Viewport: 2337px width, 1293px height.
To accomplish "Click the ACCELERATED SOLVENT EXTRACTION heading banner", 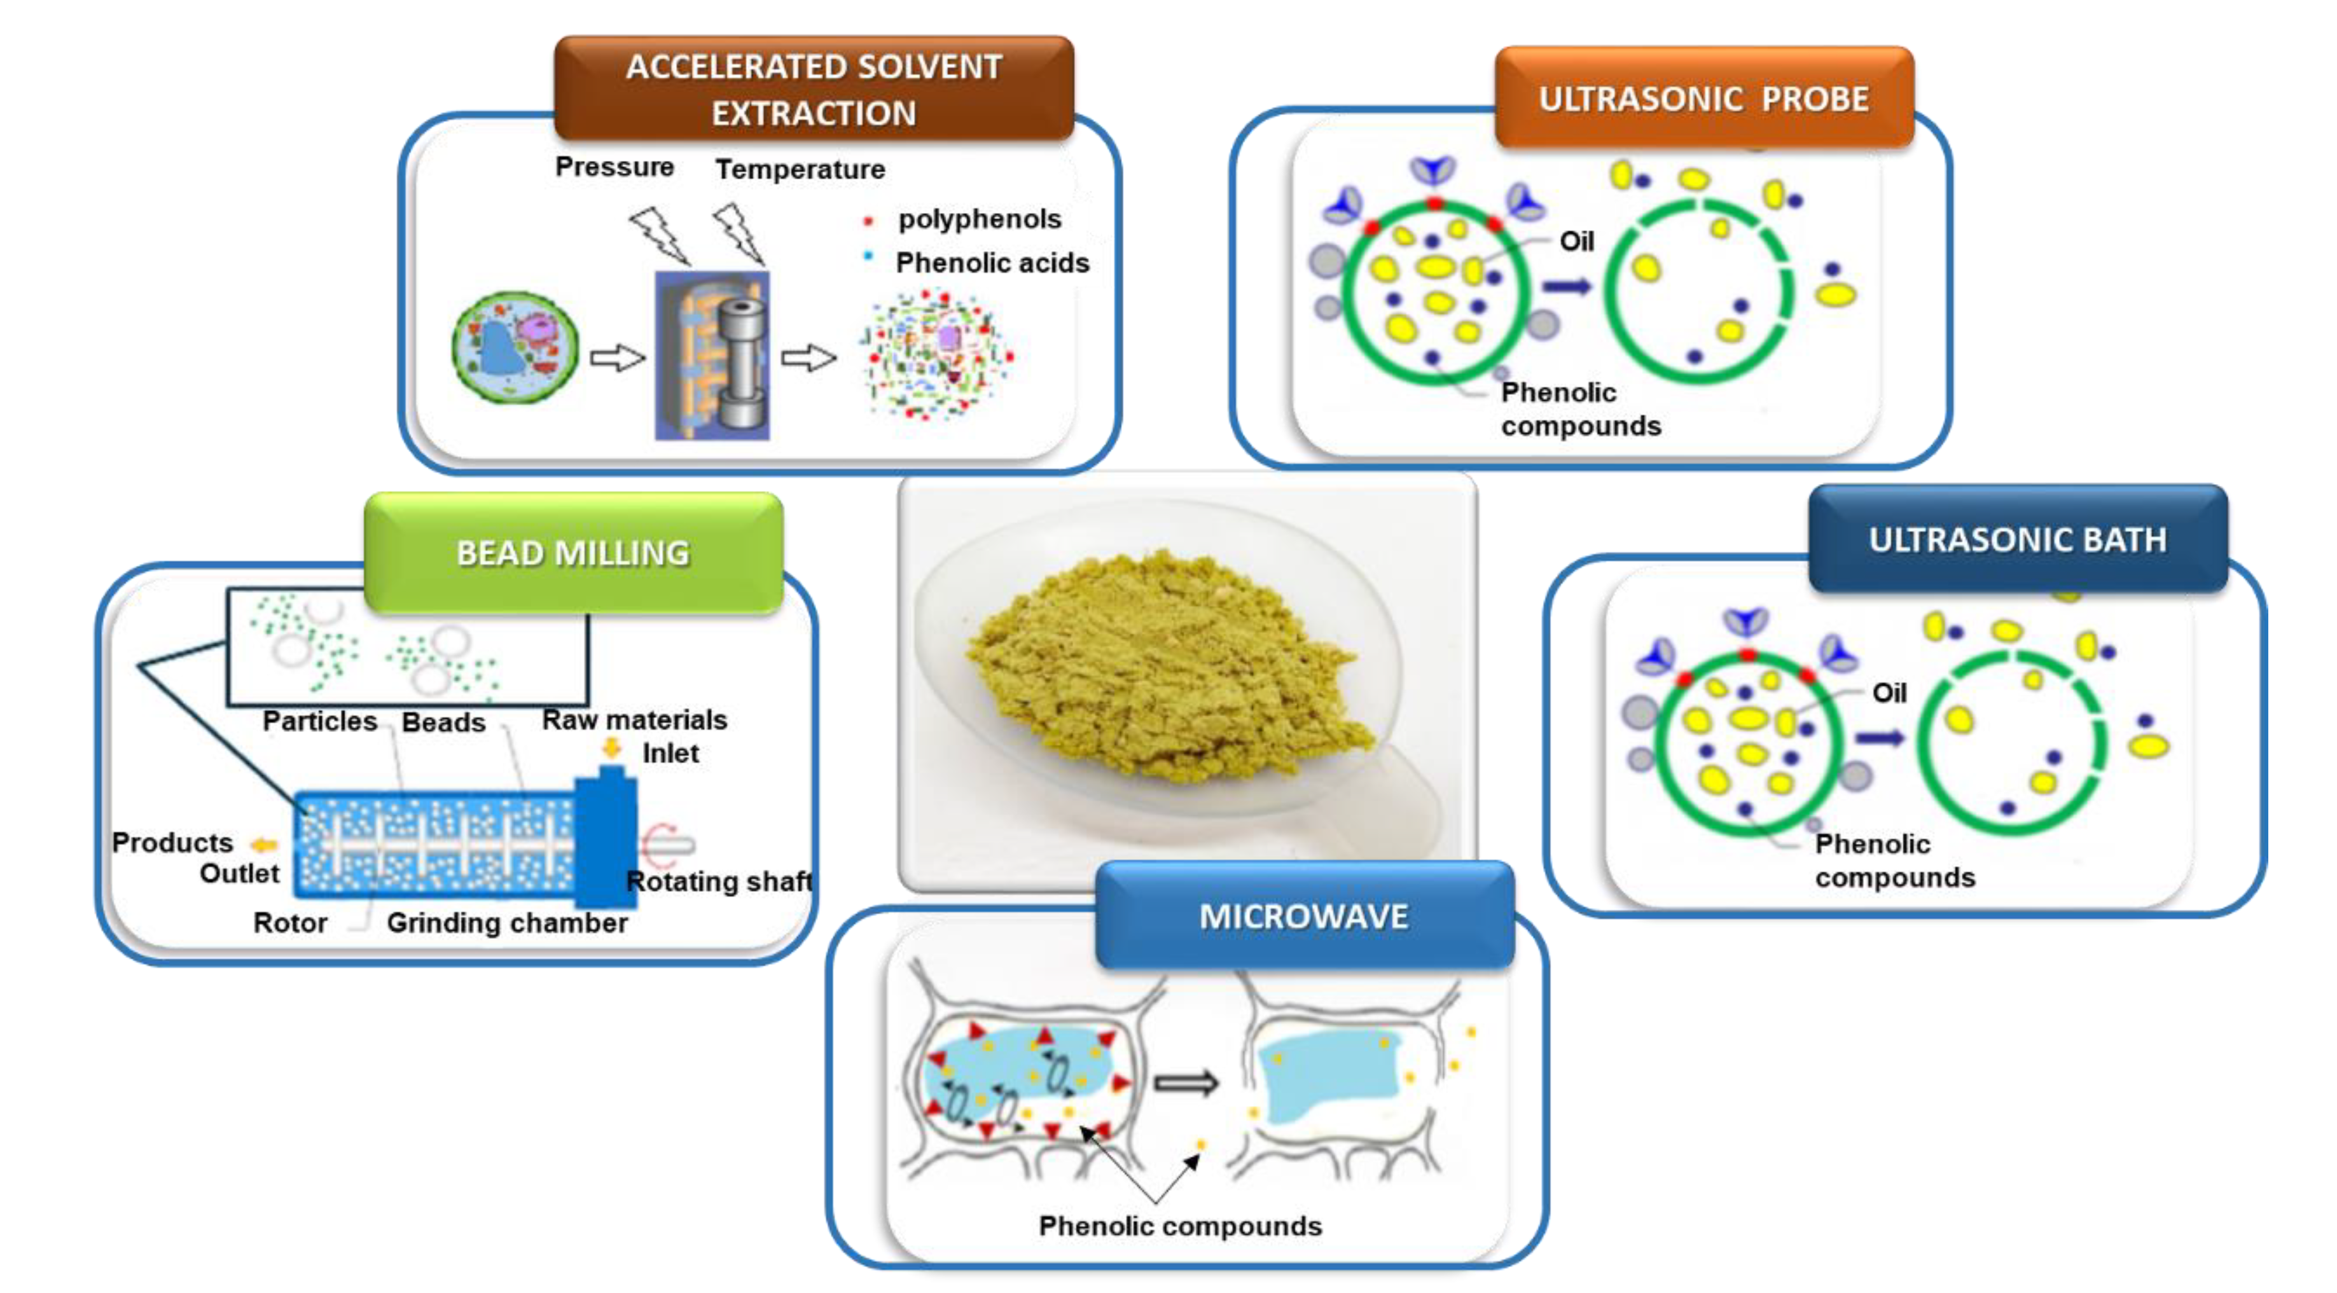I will (814, 89).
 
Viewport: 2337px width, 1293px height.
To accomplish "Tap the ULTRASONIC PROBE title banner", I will (1703, 98).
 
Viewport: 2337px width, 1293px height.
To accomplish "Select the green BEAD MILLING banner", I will (573, 553).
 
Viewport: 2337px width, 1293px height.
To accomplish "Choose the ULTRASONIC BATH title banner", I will (2017, 540).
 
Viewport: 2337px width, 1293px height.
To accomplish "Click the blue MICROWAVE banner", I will (1304, 916).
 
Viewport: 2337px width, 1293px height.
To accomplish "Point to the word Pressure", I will (614, 167).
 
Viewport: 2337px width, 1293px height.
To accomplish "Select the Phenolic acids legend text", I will (992, 263).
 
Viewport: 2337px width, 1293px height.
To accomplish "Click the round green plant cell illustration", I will (515, 347).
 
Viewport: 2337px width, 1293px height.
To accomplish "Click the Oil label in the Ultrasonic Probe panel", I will (1576, 241).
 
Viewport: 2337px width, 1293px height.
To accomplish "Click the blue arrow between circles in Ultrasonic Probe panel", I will (1567, 287).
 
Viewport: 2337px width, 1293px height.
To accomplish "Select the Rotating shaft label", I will (719, 881).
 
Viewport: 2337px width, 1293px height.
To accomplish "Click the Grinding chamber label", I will (506, 923).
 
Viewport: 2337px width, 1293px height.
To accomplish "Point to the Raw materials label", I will (634, 719).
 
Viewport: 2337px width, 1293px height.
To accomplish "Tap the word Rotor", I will (289, 923).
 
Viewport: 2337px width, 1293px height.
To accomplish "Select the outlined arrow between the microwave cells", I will (1186, 1082).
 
